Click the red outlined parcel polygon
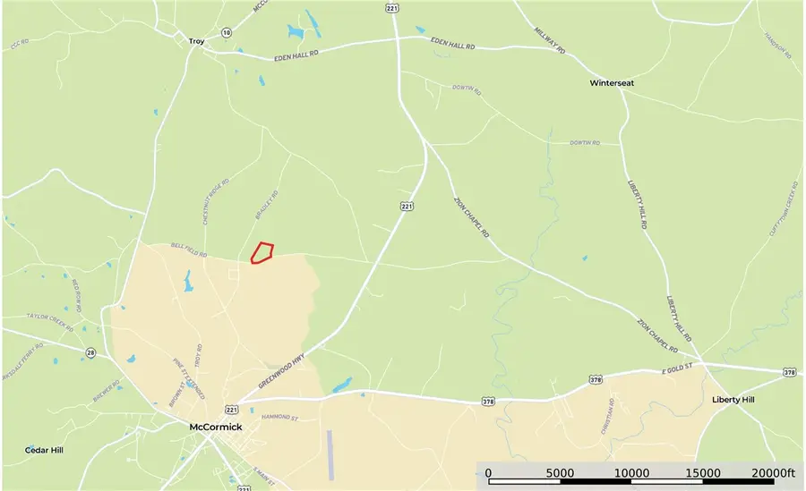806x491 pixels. [261, 253]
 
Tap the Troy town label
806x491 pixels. [197, 41]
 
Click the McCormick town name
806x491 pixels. [216, 427]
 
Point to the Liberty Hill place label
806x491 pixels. [733, 400]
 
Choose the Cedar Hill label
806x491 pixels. [45, 450]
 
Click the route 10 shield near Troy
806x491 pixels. [227, 32]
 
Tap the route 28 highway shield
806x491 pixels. [90, 353]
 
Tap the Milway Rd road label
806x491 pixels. [550, 40]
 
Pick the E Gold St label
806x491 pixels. [679, 369]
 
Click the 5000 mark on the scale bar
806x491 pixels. [560, 472]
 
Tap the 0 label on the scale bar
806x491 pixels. [488, 472]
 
